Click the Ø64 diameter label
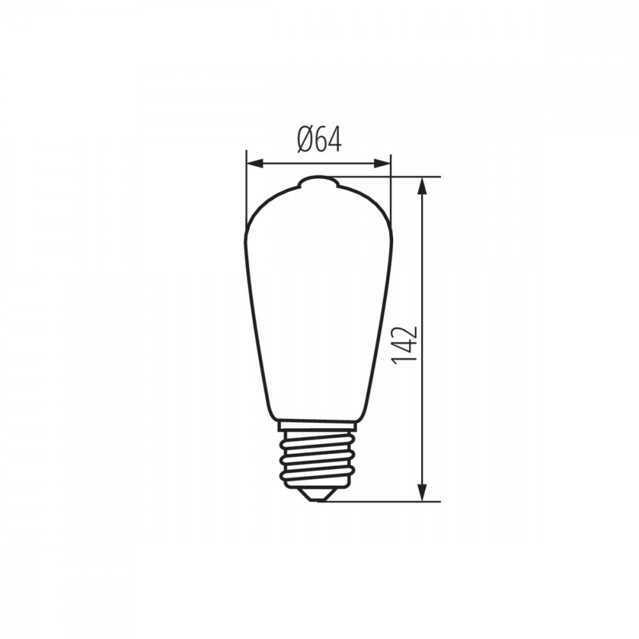coord(319,139)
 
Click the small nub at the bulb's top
coord(318,181)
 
